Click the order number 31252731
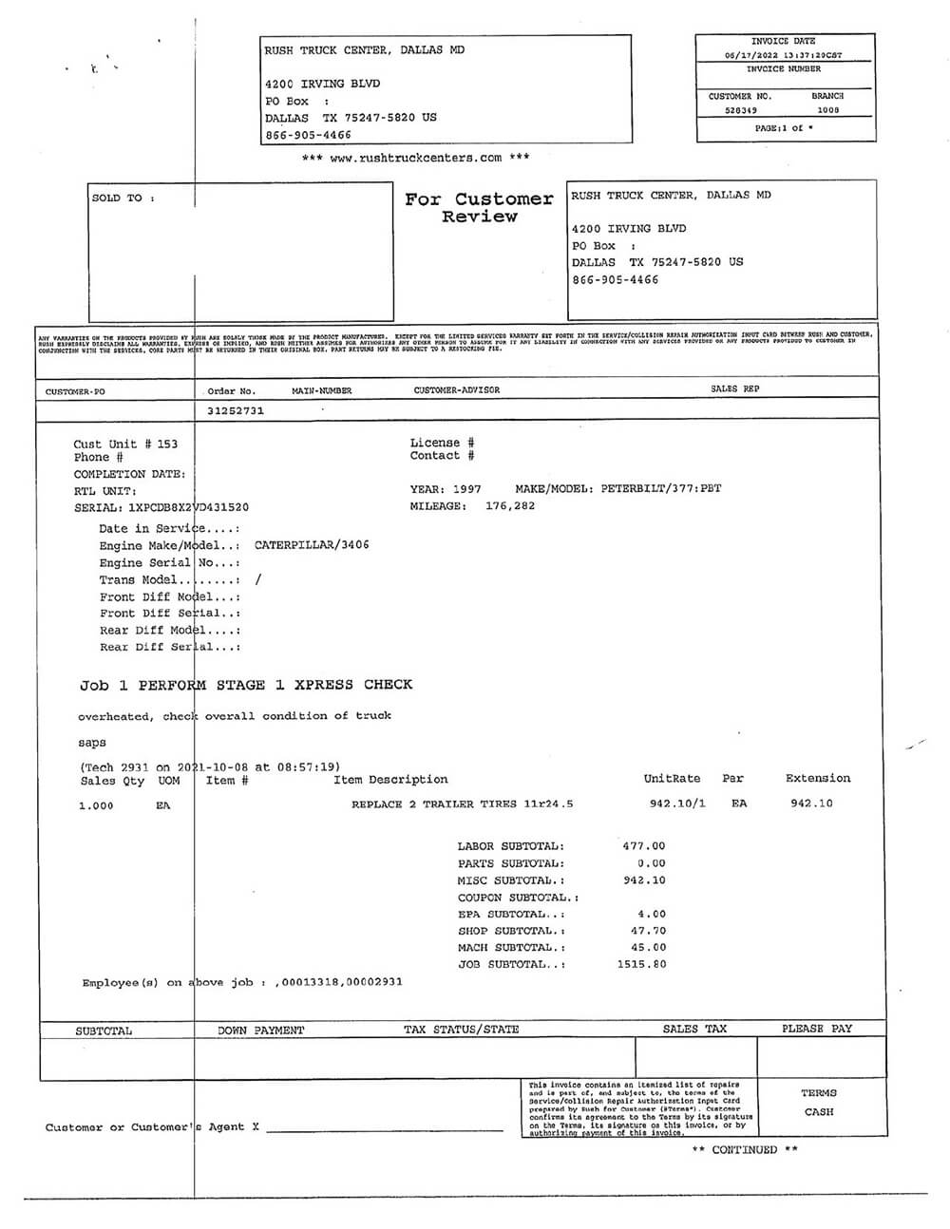[236, 411]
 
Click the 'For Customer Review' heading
[479, 207]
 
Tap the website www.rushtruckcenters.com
[415, 158]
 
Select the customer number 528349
[741, 110]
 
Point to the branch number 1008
[828, 110]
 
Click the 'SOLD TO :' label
[123, 199]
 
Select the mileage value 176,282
[510, 506]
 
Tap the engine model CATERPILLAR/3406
[312, 545]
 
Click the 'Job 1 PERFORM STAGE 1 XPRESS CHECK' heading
[246, 685]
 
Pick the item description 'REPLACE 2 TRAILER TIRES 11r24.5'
[462, 804]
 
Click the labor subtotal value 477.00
[644, 846]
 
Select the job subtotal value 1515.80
[641, 964]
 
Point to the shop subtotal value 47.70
[648, 932]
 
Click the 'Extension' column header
[818, 779]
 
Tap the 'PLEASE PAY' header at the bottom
[817, 1029]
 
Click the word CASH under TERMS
[818, 1112]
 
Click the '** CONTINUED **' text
[745, 1150]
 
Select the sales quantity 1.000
[96, 806]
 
